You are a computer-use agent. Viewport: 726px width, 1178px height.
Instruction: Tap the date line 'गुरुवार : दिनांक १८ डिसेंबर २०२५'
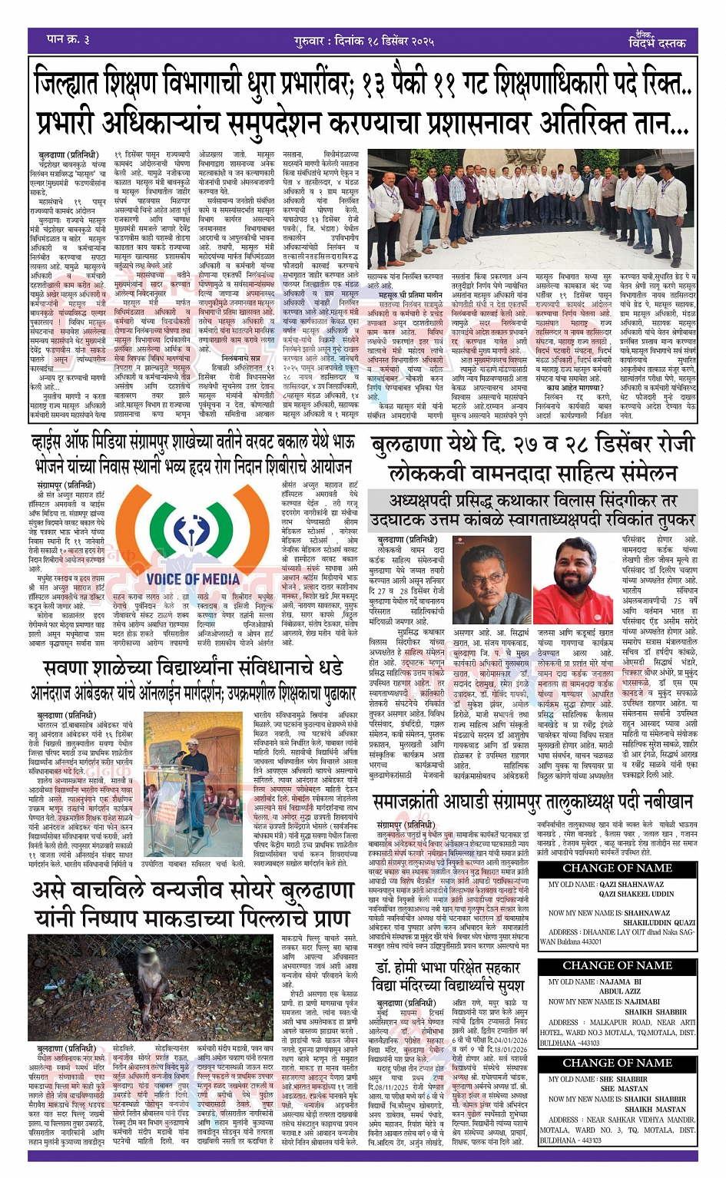364,40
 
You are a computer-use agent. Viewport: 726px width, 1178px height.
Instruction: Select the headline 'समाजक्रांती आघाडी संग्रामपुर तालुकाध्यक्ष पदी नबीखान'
532,802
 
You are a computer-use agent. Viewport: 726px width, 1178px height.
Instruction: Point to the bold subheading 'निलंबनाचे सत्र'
240,357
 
